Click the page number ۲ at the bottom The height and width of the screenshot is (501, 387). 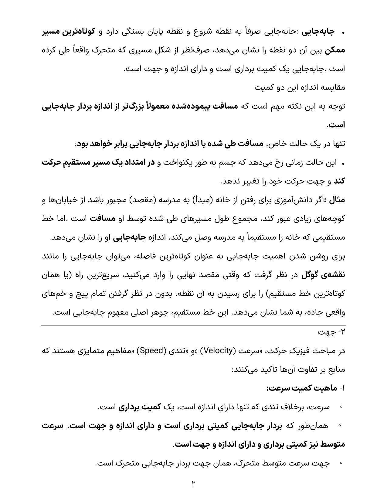coord(193,483)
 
